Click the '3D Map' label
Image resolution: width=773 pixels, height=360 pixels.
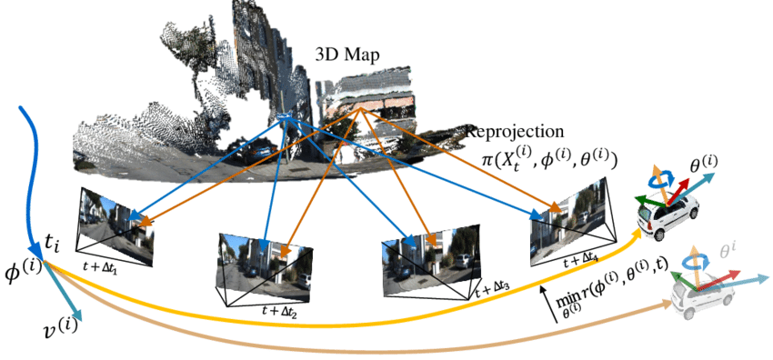346,54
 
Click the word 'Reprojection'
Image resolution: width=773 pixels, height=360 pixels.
515,131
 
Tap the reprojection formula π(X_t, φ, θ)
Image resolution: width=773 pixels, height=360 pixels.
549,158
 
